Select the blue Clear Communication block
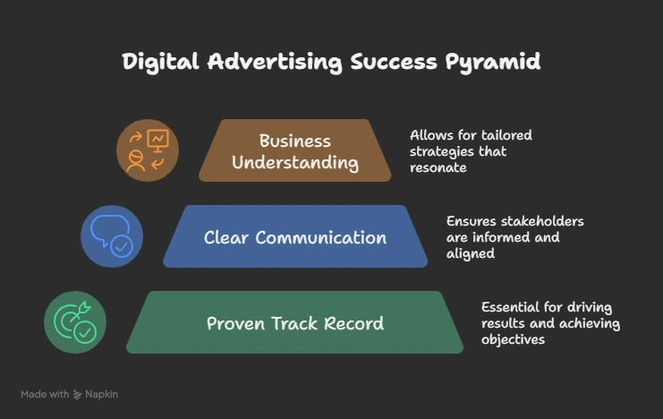tap(295, 237)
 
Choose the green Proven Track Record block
tap(295, 323)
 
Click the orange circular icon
tap(148, 150)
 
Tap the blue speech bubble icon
tap(111, 236)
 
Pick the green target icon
tap(75, 322)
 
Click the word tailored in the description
tap(505, 135)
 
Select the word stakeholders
tap(539, 221)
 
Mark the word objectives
tap(513, 339)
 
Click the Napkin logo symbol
tap(78, 394)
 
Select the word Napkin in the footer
tap(101, 394)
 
